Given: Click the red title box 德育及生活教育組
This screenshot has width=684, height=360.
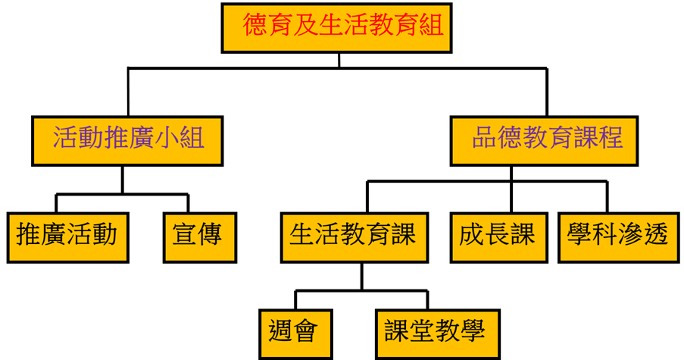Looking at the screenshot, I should point(336,28).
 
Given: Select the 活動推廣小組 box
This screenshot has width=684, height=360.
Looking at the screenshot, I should point(127,139).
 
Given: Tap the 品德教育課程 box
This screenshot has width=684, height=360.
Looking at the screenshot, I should point(544,139).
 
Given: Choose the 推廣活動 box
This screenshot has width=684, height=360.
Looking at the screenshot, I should point(67,236).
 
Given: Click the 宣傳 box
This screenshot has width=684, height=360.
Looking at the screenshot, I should point(198,236).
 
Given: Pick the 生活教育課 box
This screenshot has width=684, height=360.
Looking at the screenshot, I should point(353,236).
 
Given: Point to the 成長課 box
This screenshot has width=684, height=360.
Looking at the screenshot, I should point(497,236).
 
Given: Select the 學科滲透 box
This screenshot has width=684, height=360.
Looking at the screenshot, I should point(617,236).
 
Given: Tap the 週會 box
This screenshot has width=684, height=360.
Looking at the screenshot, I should point(294,332).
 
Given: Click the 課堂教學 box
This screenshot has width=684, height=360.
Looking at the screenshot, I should point(437,332).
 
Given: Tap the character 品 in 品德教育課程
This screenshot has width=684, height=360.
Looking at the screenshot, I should point(485,139).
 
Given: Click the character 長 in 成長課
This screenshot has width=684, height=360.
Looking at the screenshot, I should point(497,235).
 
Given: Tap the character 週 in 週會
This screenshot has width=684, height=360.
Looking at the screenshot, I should point(282,331).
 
